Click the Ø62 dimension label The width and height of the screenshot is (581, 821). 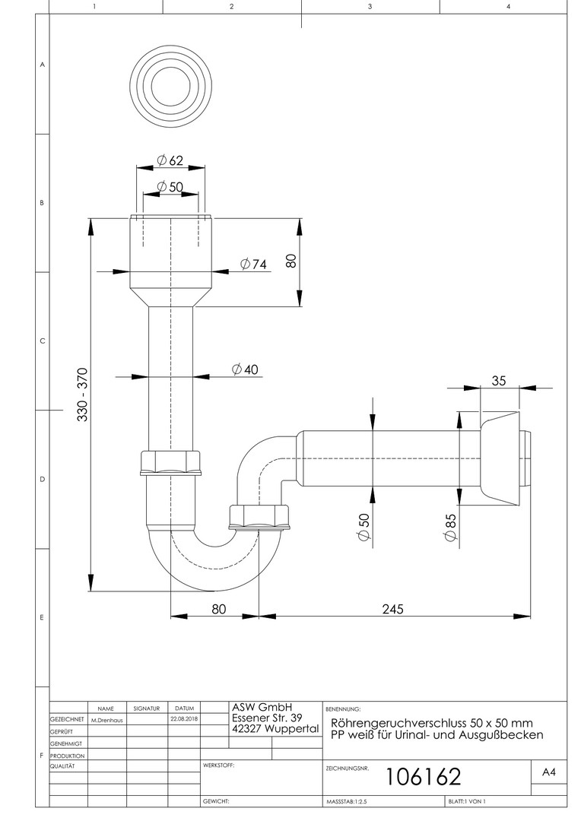click(x=170, y=160)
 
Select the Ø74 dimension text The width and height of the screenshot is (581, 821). click(x=253, y=264)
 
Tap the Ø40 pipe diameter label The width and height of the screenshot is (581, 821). click(x=246, y=369)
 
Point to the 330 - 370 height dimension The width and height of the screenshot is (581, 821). click(x=83, y=395)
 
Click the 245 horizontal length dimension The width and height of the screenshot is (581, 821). click(x=393, y=608)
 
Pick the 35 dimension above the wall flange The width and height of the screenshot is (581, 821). click(x=499, y=381)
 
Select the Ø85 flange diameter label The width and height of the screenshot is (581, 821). click(x=450, y=528)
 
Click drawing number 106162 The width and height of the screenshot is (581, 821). click(x=424, y=777)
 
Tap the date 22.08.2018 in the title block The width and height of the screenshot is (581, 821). click(x=184, y=719)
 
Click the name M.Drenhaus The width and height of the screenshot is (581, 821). click(x=107, y=720)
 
